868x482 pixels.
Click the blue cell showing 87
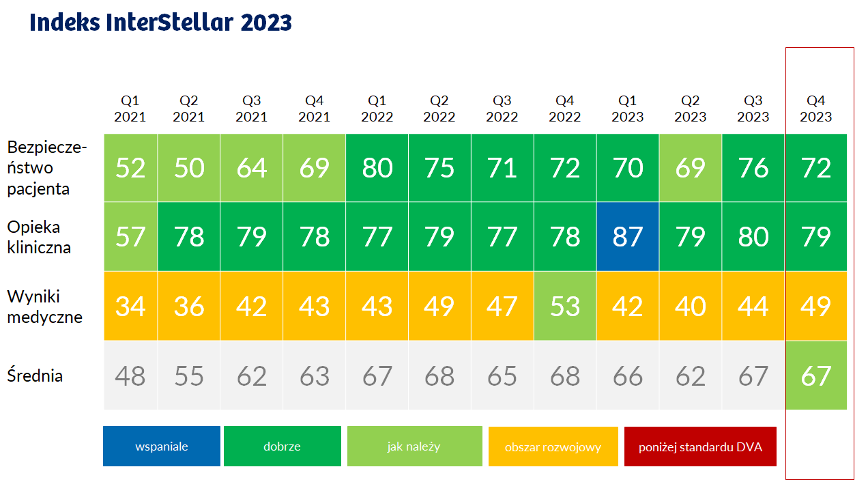pyautogui.click(x=628, y=237)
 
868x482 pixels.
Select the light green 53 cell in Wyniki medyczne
pyautogui.click(x=565, y=306)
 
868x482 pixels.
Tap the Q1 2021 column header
pyautogui.click(x=130, y=109)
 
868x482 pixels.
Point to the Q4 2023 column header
pyautogui.click(x=815, y=109)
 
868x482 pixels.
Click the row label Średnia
pyautogui.click(x=35, y=375)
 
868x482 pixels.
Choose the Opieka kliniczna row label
pyautogui.click(x=39, y=237)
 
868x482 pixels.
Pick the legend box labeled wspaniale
pyautogui.click(x=162, y=446)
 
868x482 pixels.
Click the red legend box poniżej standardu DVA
pyautogui.click(x=700, y=446)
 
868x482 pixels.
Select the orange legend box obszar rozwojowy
pyautogui.click(x=553, y=446)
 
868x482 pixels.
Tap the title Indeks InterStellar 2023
pyautogui.click(x=161, y=23)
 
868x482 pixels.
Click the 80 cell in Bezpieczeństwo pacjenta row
pyautogui.click(x=377, y=168)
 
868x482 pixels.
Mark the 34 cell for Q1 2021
pyautogui.click(x=130, y=306)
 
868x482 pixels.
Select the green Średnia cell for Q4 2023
pyautogui.click(x=816, y=375)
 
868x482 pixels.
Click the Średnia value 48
pyautogui.click(x=130, y=375)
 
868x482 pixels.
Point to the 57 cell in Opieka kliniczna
pyautogui.click(x=130, y=237)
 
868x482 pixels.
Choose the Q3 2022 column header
pyautogui.click(x=502, y=109)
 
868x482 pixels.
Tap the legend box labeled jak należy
pyautogui.click(x=414, y=446)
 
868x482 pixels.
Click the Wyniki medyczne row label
pyautogui.click(x=45, y=306)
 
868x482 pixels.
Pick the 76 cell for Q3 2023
pyautogui.click(x=753, y=168)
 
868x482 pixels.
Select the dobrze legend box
pyautogui.click(x=282, y=446)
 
